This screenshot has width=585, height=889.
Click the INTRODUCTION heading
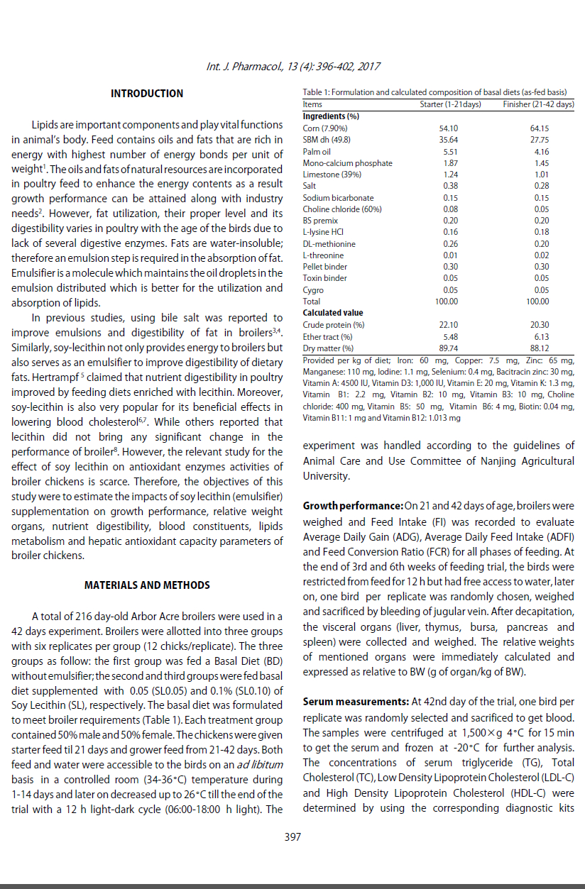[x=147, y=94]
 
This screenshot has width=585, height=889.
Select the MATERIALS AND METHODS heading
[x=147, y=585]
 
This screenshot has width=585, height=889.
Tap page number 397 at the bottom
[x=292, y=837]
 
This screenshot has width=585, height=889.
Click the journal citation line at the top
[x=292, y=67]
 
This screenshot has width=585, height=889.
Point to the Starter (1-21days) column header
[x=451, y=105]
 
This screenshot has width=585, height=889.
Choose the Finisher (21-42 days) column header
[x=538, y=105]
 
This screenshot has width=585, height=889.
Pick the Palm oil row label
[x=317, y=152]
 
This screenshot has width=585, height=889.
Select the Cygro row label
[x=312, y=290]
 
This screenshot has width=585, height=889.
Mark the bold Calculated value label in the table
[x=332, y=313]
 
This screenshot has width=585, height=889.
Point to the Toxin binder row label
[x=324, y=278]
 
